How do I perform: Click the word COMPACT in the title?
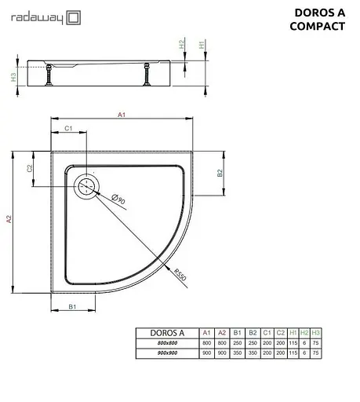click(x=318, y=26)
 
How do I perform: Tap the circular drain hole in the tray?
click(x=85, y=186)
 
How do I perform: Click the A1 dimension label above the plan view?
click(x=122, y=115)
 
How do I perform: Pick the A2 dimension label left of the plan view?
click(x=9, y=221)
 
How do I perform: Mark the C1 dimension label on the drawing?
click(x=68, y=128)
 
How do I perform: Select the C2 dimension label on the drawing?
click(x=30, y=168)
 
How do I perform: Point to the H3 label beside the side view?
click(x=13, y=76)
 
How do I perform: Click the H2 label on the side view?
click(x=182, y=44)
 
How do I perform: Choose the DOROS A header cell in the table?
click(x=166, y=332)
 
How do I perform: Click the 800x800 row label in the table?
click(x=166, y=343)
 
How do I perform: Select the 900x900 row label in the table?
click(x=166, y=354)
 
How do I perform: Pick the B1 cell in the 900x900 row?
click(x=237, y=354)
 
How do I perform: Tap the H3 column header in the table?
click(x=315, y=332)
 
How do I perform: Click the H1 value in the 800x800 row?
click(x=293, y=343)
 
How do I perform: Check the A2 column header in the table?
click(x=222, y=332)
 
